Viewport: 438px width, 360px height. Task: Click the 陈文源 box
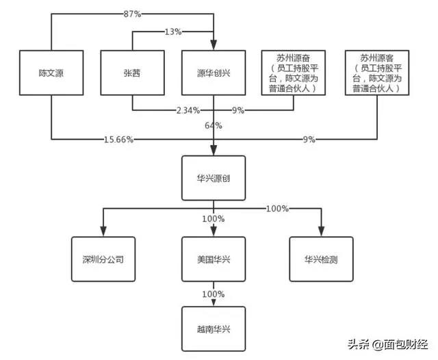pyautogui.click(x=51, y=73)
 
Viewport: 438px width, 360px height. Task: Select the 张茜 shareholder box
pyautogui.click(x=132, y=73)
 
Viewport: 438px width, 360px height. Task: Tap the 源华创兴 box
pyautogui.click(x=214, y=73)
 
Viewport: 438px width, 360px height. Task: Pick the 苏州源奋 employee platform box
pyautogui.click(x=294, y=73)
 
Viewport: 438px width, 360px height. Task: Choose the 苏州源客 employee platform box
pyautogui.click(x=377, y=73)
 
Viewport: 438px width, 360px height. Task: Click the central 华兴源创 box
pyautogui.click(x=214, y=178)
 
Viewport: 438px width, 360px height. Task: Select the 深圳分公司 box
pyautogui.click(x=103, y=259)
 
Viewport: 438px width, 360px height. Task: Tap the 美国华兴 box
pyautogui.click(x=214, y=259)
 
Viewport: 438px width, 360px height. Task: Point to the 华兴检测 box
pyautogui.click(x=321, y=259)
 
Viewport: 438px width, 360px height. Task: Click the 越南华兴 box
pyautogui.click(x=214, y=329)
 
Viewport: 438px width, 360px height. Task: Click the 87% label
pyautogui.click(x=132, y=14)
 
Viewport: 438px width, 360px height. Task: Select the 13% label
pyautogui.click(x=173, y=31)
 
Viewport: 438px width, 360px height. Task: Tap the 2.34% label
pyautogui.click(x=188, y=110)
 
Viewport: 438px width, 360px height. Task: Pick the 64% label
pyautogui.click(x=214, y=126)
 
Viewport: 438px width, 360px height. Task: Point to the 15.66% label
pyautogui.click(x=118, y=140)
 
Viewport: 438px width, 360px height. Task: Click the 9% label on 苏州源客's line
pyautogui.click(x=309, y=140)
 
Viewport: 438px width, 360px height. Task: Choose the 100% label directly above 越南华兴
pyautogui.click(x=214, y=294)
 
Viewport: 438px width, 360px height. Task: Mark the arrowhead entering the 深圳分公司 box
pyautogui.click(x=103, y=231)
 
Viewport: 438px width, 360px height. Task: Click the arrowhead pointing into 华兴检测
pyautogui.click(x=321, y=231)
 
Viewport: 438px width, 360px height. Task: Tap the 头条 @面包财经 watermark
pyautogui.click(x=388, y=344)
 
